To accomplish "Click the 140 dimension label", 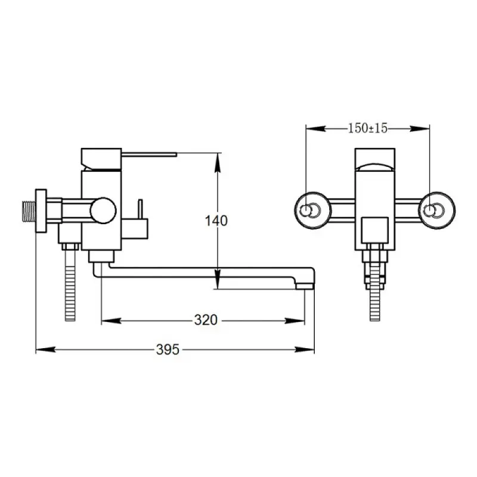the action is click(x=216, y=221).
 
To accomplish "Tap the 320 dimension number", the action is click(x=206, y=320).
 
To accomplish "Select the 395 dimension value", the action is click(x=168, y=349).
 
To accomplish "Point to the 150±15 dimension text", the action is click(x=367, y=128).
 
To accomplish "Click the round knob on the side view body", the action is click(x=103, y=210).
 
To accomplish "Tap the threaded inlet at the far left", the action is click(x=29, y=211).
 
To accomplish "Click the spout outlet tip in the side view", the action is click(x=305, y=286).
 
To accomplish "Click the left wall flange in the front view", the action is click(x=312, y=210).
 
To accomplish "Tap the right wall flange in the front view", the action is click(x=437, y=210).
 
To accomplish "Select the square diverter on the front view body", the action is click(x=375, y=230).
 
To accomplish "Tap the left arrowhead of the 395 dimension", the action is click(x=46, y=349).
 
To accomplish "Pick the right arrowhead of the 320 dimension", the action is click(x=295, y=320).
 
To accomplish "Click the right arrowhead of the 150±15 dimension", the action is click(x=420, y=129).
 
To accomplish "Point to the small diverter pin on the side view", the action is click(x=140, y=209).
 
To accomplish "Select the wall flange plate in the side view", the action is click(x=41, y=211).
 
